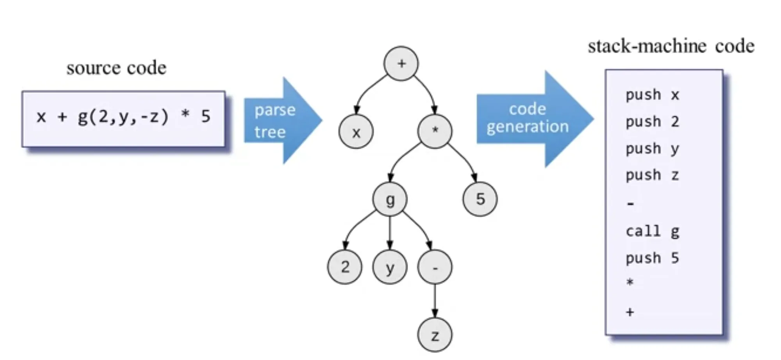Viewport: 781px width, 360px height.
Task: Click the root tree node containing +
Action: click(401, 64)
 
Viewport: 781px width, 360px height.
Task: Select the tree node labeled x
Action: click(356, 132)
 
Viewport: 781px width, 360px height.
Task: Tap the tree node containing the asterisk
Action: click(435, 131)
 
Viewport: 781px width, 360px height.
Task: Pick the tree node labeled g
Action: click(390, 199)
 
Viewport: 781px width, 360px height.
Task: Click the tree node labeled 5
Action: click(480, 199)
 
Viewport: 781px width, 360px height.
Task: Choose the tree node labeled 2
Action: click(344, 267)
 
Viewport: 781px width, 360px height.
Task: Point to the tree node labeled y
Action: click(390, 267)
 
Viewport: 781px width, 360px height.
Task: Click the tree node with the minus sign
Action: click(435, 267)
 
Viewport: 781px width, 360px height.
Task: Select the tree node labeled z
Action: click(435, 335)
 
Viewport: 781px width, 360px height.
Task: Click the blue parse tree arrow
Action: click(281, 121)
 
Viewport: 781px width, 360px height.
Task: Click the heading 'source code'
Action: click(116, 68)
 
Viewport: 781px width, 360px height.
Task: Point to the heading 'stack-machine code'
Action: click(671, 46)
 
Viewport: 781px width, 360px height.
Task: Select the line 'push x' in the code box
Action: click(652, 95)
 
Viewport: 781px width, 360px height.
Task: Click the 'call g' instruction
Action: click(652, 232)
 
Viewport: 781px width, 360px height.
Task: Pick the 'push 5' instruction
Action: click(652, 258)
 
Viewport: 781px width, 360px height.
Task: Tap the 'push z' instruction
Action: click(652, 175)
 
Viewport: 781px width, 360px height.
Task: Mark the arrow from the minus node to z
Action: click(435, 301)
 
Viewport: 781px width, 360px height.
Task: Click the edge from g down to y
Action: click(390, 233)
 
